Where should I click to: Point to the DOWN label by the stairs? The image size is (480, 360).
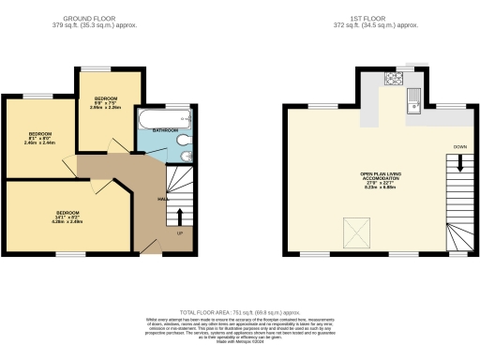459,147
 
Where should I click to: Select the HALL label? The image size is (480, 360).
162,199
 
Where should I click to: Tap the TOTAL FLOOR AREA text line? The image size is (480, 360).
240,311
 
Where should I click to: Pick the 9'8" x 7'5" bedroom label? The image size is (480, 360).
105,104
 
